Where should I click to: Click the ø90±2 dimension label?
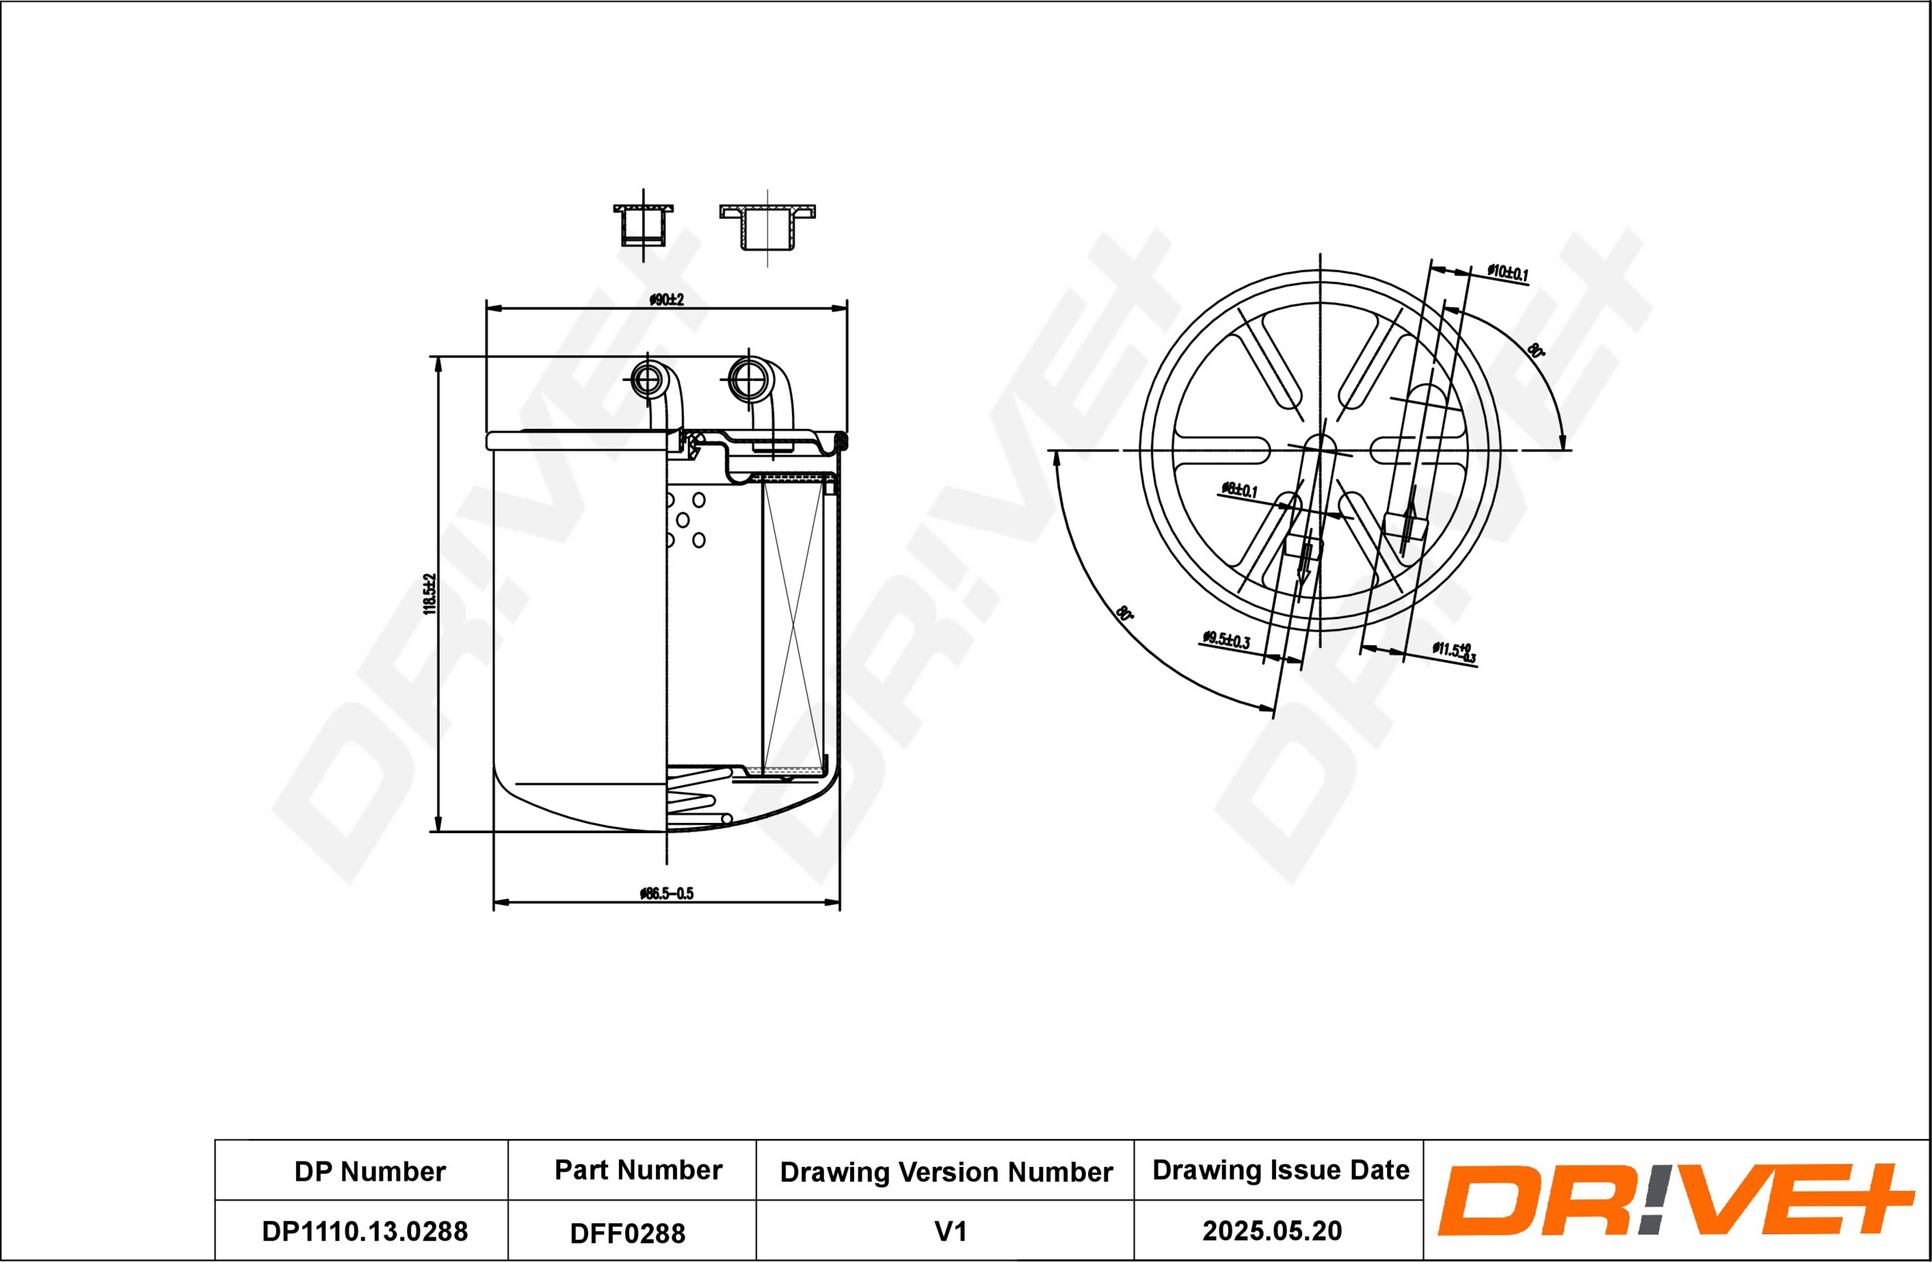click(666, 300)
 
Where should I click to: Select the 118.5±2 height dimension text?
click(430, 594)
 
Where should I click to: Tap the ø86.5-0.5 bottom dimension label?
click(666, 893)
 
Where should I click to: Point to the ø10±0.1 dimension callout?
click(1508, 273)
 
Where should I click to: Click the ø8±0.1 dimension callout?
click(1240, 489)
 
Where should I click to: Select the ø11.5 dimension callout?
click(1454, 651)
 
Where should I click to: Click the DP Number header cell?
click(370, 1171)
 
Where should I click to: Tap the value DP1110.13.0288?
click(365, 1231)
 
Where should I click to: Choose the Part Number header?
click(638, 1169)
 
